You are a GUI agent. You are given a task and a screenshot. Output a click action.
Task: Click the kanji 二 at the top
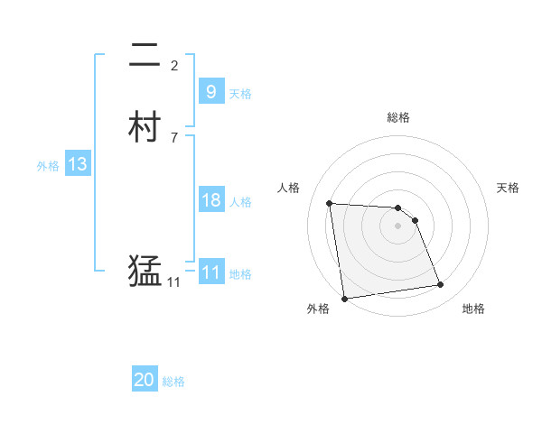point(145,58)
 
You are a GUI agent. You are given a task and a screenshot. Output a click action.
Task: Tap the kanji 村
point(145,127)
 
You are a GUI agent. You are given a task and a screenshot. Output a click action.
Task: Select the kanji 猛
point(145,271)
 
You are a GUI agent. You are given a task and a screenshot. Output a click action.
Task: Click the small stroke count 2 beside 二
point(174,65)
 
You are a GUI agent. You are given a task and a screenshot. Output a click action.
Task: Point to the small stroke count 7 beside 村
point(174,137)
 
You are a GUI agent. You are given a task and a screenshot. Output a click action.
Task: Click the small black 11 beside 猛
point(173,282)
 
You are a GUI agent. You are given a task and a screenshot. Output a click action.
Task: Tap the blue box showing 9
point(210,91)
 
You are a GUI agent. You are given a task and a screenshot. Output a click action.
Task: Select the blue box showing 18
point(210,200)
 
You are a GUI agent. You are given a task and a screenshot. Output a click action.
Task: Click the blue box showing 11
point(210,272)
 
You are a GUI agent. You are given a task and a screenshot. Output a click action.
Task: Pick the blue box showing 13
point(77,164)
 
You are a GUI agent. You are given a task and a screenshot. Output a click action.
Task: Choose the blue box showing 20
point(145,380)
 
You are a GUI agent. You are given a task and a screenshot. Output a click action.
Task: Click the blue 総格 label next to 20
point(174,382)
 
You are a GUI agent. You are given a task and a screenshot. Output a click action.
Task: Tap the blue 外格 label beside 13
point(48,166)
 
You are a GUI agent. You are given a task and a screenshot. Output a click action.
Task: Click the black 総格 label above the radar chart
point(397,117)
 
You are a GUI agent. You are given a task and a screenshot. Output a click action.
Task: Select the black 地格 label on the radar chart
point(473,309)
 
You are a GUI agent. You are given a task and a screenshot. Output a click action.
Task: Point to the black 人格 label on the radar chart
point(289,188)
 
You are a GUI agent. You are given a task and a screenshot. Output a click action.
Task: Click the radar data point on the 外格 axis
point(344,298)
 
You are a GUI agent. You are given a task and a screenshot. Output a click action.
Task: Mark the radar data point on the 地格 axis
point(441,285)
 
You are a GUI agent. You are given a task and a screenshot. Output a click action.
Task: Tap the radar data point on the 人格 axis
point(330,203)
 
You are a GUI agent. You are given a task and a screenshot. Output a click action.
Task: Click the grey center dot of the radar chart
point(397,226)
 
